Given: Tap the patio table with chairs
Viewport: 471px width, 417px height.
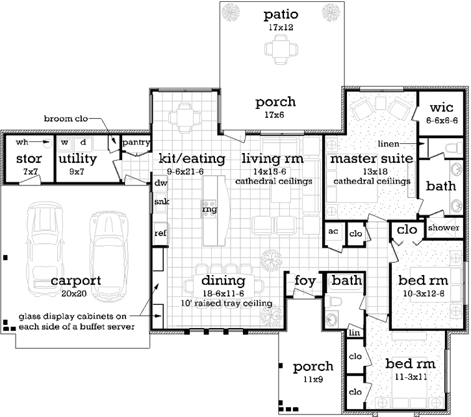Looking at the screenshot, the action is (281, 49).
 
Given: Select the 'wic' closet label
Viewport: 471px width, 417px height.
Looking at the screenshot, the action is (441, 107).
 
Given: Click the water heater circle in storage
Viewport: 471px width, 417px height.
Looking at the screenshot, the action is (46, 143).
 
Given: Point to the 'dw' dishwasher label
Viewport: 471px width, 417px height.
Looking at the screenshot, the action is (160, 183).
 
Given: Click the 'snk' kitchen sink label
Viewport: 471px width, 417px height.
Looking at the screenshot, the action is (162, 202).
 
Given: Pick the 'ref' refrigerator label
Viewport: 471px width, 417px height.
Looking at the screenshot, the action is (160, 233).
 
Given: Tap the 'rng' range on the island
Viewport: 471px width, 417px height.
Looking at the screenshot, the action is (209, 209).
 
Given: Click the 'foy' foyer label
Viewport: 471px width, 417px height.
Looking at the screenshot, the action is (305, 281).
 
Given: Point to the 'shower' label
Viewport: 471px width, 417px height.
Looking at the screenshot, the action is (443, 228).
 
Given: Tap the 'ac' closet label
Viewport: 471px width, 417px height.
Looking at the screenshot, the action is (333, 231).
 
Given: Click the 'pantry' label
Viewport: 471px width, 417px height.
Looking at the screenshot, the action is (136, 142).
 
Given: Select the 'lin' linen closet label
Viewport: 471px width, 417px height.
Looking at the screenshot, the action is (355, 333).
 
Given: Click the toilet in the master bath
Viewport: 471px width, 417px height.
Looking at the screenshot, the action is (453, 148).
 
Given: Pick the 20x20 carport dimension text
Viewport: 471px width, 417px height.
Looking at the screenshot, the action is (74, 294).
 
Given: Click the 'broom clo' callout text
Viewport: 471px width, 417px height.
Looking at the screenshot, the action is (66, 119).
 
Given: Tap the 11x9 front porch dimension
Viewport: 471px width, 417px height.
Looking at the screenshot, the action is (313, 379).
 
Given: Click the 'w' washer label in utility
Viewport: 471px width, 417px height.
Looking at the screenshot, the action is (64, 142).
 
